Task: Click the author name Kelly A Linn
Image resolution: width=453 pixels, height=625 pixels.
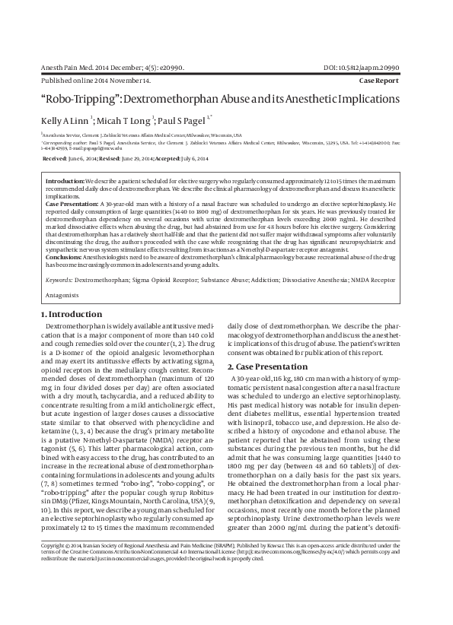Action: tap(65, 120)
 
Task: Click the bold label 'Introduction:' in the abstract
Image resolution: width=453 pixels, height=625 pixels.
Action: tap(65, 182)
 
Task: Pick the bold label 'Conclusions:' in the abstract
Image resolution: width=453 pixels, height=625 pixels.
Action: tap(65, 257)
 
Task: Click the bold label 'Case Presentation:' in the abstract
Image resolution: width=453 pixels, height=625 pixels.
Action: tap(72, 205)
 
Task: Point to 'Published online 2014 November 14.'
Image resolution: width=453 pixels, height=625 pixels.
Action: tap(95, 79)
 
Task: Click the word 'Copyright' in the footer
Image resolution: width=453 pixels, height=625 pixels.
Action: tap(53, 588)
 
